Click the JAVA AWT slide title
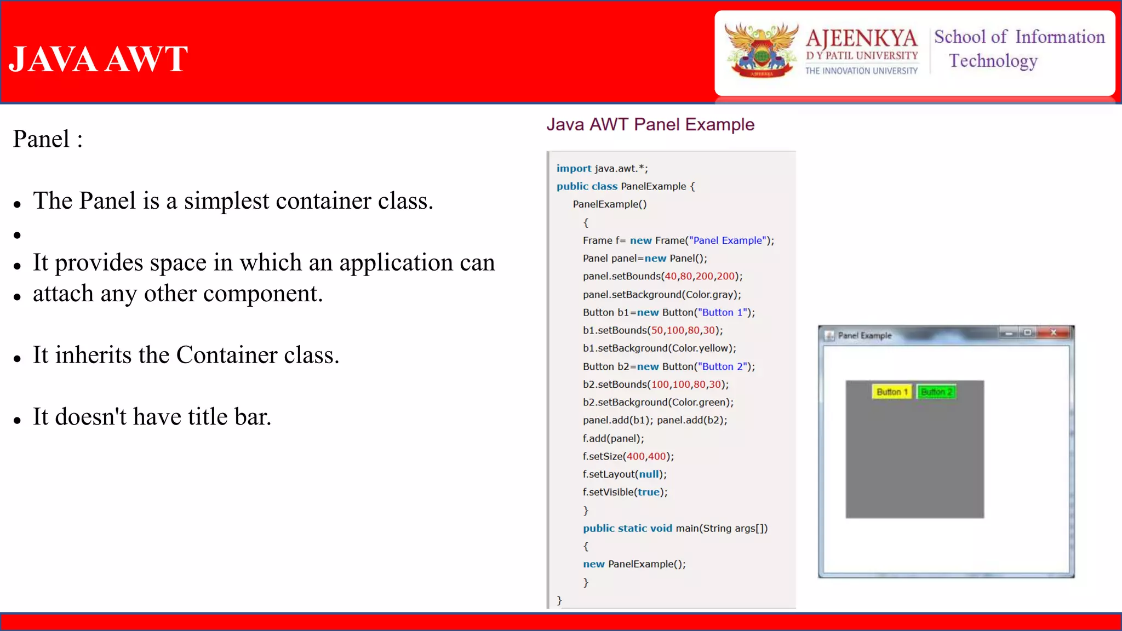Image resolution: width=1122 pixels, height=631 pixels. (x=99, y=59)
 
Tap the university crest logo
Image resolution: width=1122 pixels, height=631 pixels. (x=761, y=50)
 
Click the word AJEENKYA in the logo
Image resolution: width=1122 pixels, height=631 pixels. (x=861, y=38)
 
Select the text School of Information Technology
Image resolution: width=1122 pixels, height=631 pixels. (x=1019, y=48)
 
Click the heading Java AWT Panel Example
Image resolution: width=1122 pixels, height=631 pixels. (x=650, y=125)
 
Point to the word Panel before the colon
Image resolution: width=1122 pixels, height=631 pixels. (x=41, y=139)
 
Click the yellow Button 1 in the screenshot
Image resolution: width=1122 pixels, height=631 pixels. (x=892, y=392)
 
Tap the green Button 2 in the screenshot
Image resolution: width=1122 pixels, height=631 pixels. (x=936, y=392)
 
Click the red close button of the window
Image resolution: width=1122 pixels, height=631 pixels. (x=1053, y=332)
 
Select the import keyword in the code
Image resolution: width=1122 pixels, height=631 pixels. (x=574, y=169)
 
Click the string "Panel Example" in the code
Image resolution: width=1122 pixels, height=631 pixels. (x=727, y=240)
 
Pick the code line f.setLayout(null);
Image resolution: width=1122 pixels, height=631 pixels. (x=625, y=474)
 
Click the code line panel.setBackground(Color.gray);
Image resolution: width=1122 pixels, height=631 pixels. (x=661, y=295)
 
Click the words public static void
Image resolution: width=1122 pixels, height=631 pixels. (x=627, y=529)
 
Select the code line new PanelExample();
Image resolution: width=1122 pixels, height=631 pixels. (x=634, y=564)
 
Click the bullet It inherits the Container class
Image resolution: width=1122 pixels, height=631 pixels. (x=186, y=355)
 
